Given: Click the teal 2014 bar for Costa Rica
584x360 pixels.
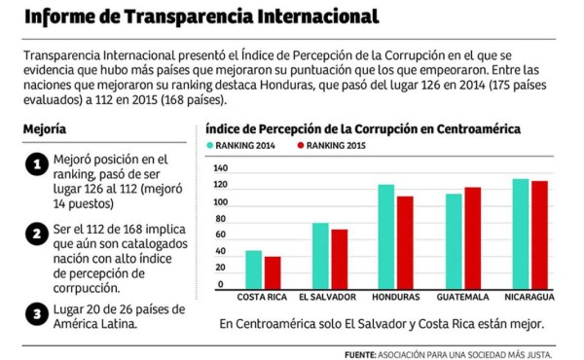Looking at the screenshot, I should tap(253, 270).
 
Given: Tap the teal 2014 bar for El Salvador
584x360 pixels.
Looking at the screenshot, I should tap(320, 256).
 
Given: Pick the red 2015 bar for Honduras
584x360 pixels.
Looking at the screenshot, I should tap(404, 242).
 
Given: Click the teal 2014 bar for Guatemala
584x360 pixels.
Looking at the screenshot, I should tap(453, 241).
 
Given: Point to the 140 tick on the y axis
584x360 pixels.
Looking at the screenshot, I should tap(219, 169).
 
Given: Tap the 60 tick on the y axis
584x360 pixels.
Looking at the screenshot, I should tap(221, 237).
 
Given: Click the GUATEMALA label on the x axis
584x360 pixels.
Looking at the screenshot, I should tap(462, 297).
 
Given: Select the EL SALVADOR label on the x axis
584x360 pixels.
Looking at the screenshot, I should tap(327, 297).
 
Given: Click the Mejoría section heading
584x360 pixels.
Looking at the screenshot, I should tap(45, 129).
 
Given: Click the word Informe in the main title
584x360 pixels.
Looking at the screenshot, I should tap(62, 18).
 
